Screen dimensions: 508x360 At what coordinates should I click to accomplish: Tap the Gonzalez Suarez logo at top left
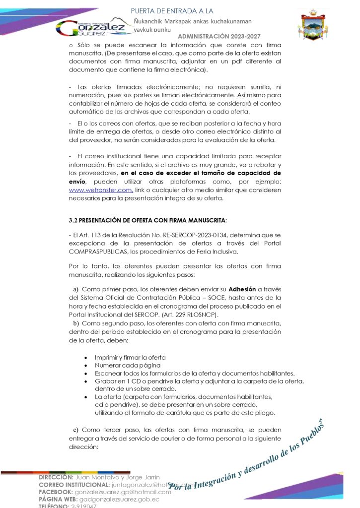point(92,27)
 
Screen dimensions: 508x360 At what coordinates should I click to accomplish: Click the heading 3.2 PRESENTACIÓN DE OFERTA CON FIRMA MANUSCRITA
point(148,220)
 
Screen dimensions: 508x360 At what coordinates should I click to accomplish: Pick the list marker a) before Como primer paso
point(75,289)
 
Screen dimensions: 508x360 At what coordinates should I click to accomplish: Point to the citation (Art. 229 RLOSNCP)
point(193,314)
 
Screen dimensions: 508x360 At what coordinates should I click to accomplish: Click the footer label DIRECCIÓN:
point(56,477)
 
